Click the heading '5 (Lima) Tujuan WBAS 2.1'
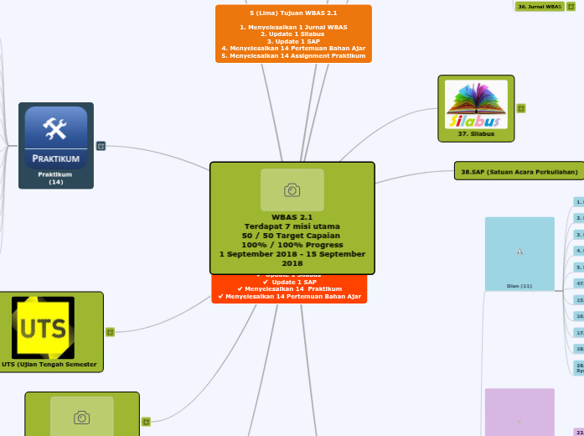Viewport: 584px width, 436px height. (x=293, y=14)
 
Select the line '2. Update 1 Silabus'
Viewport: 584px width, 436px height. (x=293, y=34)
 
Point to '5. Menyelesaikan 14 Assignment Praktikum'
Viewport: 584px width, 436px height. (x=293, y=55)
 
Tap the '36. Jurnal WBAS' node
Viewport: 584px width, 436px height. (x=539, y=6)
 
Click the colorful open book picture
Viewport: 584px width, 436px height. (x=475, y=104)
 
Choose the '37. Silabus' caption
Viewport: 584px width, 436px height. (x=476, y=133)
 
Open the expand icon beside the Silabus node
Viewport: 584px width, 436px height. (x=521, y=108)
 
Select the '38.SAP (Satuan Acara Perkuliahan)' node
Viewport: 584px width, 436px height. (x=519, y=171)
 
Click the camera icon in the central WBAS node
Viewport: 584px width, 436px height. (x=292, y=190)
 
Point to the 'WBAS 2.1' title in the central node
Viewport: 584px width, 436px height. (x=292, y=217)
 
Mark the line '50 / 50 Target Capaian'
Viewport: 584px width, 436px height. (x=292, y=236)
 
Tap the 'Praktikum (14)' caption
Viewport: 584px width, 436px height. (x=55, y=178)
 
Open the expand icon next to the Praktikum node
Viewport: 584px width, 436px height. (x=101, y=146)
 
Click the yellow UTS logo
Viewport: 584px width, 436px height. (x=43, y=326)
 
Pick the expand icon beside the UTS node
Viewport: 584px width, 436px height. (x=110, y=332)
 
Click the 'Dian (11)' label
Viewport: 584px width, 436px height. (x=519, y=286)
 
